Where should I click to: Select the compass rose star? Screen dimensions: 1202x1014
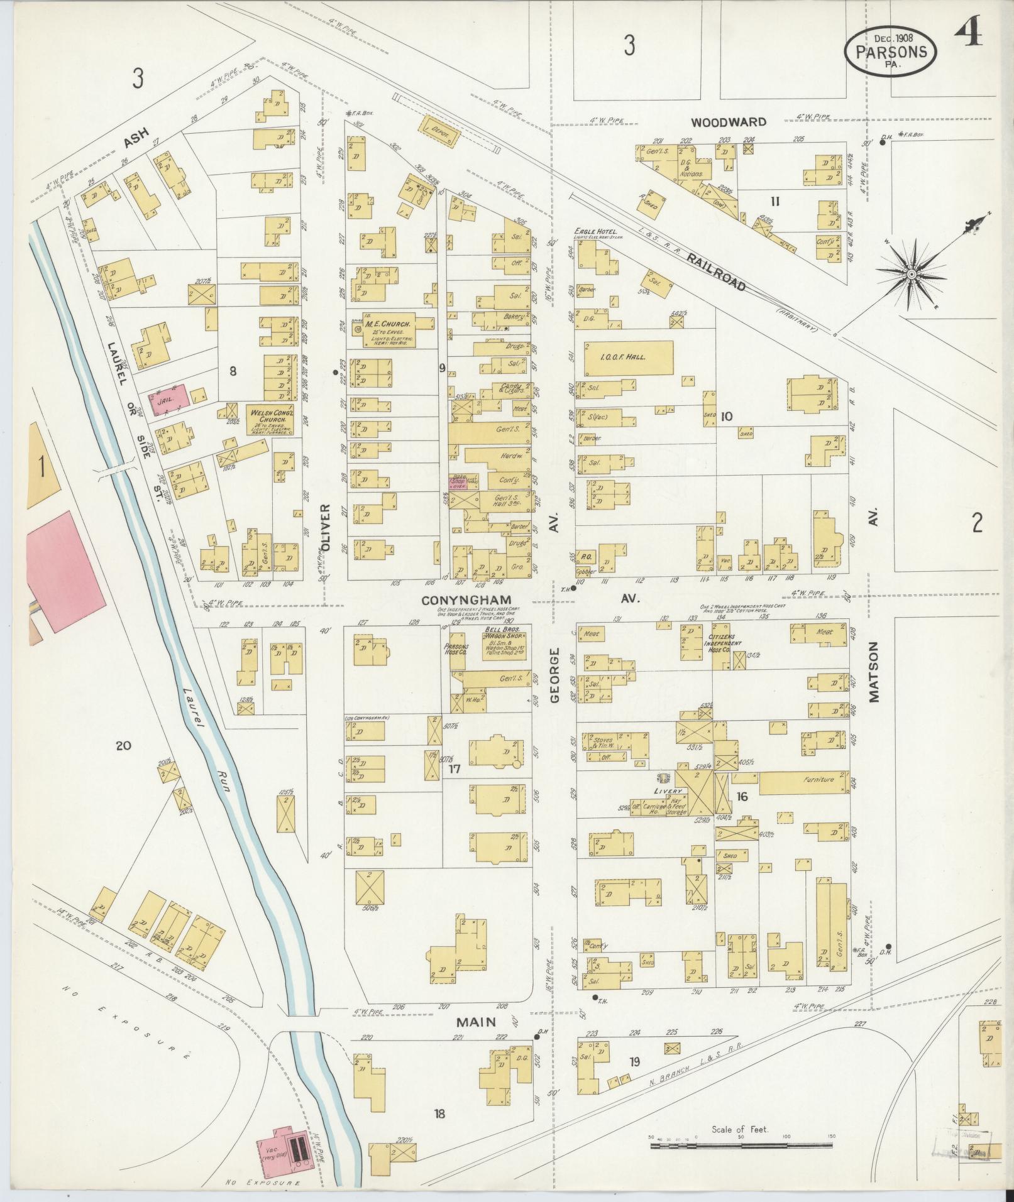click(911, 274)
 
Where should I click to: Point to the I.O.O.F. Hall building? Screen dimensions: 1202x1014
click(629, 358)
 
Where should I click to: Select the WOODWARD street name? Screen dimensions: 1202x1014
click(729, 121)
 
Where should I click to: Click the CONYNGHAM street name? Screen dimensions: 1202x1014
click(466, 600)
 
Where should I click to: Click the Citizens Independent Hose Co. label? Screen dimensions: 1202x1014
click(723, 643)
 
